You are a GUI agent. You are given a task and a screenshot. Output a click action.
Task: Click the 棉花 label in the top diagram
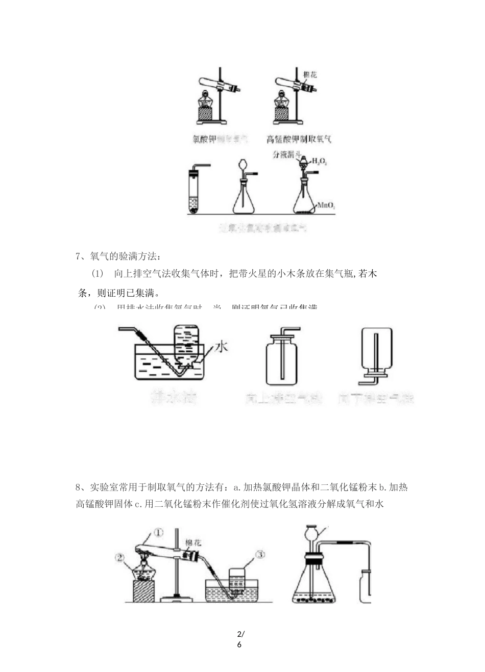pos(310,75)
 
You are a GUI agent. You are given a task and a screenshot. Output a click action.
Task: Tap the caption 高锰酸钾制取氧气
pos(299,139)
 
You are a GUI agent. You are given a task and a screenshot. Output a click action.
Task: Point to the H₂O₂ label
pos(319,162)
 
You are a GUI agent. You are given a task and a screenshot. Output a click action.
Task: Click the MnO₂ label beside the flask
pos(326,205)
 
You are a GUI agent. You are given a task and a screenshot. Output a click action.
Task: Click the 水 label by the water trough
pos(221,347)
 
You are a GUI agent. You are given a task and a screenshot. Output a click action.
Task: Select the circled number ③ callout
pos(259,555)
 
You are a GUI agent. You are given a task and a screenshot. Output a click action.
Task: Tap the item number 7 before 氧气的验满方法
pos(78,256)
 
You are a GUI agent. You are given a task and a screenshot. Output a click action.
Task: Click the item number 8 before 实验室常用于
pos(78,487)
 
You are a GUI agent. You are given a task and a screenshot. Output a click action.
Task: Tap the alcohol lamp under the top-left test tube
pos(204,100)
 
